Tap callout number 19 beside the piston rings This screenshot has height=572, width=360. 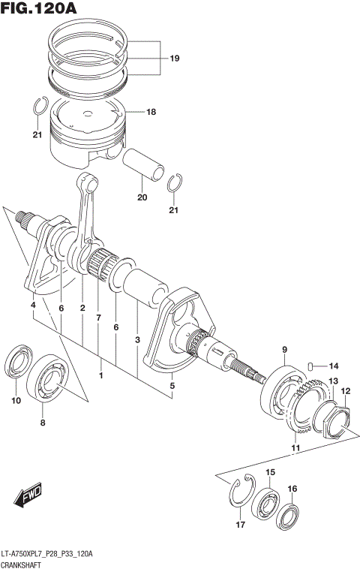pyautogui.click(x=174, y=58)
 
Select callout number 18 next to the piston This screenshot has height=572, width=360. pyautogui.click(x=151, y=112)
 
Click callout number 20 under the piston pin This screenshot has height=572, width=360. pyautogui.click(x=142, y=198)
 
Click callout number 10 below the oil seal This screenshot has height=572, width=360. pyautogui.click(x=16, y=401)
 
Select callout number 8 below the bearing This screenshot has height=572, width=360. pyautogui.click(x=43, y=423)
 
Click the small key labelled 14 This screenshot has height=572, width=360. pyautogui.click(x=307, y=366)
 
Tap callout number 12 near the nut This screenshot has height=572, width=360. pyautogui.click(x=346, y=391)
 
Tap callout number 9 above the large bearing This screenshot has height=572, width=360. pyautogui.click(x=284, y=349)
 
